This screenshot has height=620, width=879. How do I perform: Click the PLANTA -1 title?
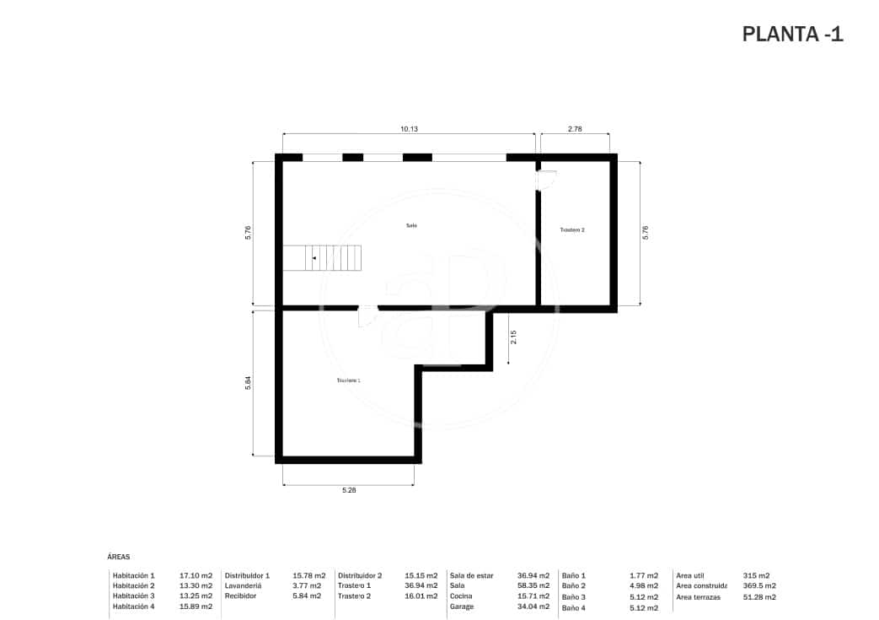click(792, 34)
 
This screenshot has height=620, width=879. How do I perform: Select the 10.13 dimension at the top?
click(409, 129)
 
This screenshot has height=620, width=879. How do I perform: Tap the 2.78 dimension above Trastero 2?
click(575, 129)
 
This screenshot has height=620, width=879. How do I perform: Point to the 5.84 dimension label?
click(248, 383)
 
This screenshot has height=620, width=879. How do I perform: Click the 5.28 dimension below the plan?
click(348, 490)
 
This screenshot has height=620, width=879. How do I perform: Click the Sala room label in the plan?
click(411, 225)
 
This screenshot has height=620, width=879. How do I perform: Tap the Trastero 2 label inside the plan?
click(572, 230)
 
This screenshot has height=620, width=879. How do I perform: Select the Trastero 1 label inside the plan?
click(348, 380)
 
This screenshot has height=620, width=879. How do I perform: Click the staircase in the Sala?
click(322, 258)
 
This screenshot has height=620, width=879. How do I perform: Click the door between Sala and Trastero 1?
click(367, 316)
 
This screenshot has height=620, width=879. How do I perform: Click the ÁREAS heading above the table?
click(119, 557)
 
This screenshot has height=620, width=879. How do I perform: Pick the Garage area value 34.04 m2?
click(533, 607)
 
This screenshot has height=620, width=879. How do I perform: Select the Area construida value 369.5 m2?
click(759, 585)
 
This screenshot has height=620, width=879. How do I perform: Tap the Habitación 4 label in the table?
click(134, 607)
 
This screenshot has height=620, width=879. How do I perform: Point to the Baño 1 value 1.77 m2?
click(643, 575)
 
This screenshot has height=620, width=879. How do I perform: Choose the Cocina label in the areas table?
click(461, 596)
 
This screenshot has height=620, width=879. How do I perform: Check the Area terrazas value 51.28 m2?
click(759, 596)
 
